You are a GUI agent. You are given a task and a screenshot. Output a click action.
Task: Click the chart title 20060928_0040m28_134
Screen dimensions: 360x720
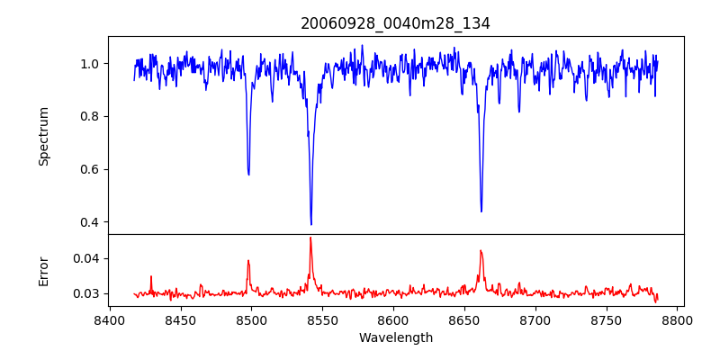pyautogui.click(x=395, y=23)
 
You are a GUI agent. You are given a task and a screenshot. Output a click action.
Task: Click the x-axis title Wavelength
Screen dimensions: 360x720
pyautogui.click(x=395, y=337)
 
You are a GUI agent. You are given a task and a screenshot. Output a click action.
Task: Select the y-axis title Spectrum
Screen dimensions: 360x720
pyautogui.click(x=44, y=136)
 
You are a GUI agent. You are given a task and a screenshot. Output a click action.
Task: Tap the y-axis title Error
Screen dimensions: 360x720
pyautogui.click(x=44, y=271)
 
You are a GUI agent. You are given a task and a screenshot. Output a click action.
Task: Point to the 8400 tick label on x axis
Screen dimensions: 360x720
pyautogui.click(x=109, y=319)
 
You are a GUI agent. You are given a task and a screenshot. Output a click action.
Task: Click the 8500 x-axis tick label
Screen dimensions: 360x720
pyautogui.click(x=251, y=319)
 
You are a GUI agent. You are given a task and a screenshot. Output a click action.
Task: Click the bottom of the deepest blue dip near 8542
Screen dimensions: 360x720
pyautogui.click(x=311, y=224)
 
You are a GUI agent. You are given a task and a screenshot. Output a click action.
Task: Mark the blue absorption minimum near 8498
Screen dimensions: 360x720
pyautogui.click(x=248, y=174)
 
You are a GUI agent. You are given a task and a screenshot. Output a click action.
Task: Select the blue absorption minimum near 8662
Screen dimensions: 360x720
pyautogui.click(x=481, y=211)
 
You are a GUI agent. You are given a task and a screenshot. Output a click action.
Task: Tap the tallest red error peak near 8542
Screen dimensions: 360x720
pyautogui.click(x=310, y=238)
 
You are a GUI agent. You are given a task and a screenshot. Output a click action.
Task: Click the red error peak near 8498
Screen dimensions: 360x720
pyautogui.click(x=248, y=261)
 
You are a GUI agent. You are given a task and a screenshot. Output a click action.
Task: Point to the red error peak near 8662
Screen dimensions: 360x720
pyautogui.click(x=481, y=250)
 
